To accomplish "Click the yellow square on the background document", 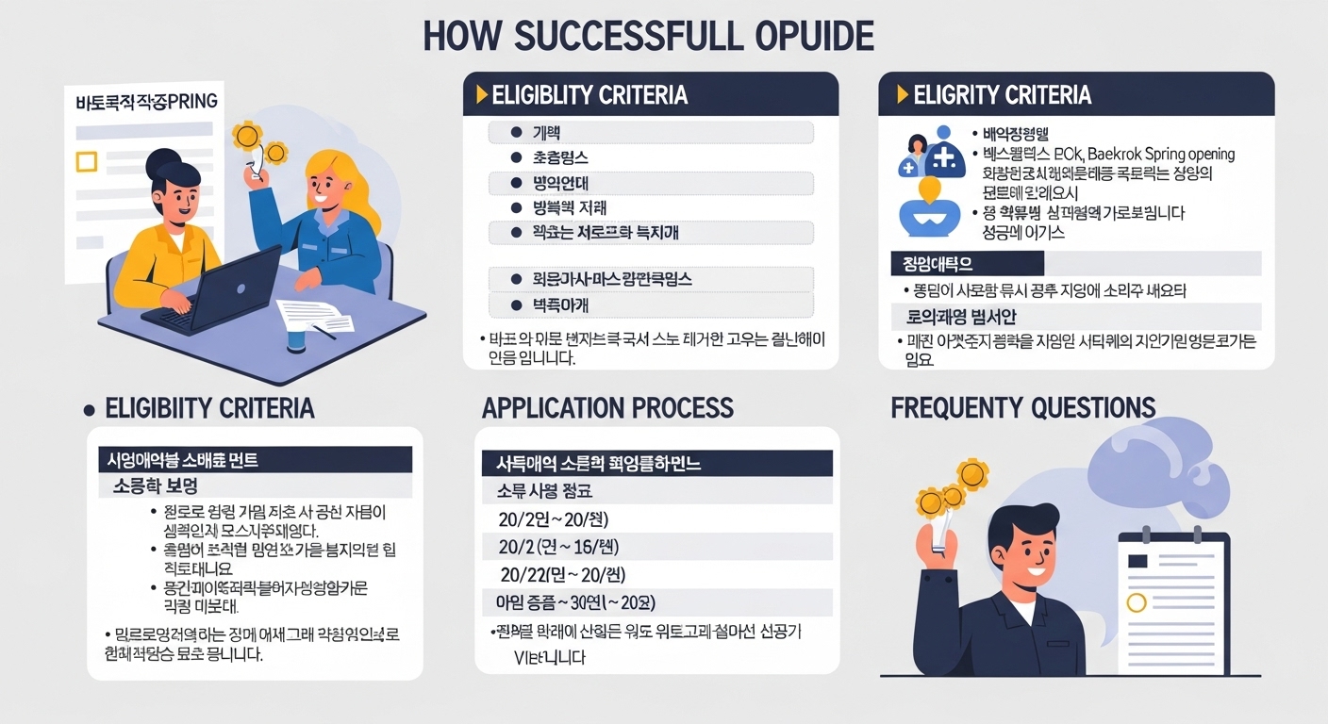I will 86,161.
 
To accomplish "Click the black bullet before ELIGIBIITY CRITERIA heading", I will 90,410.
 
